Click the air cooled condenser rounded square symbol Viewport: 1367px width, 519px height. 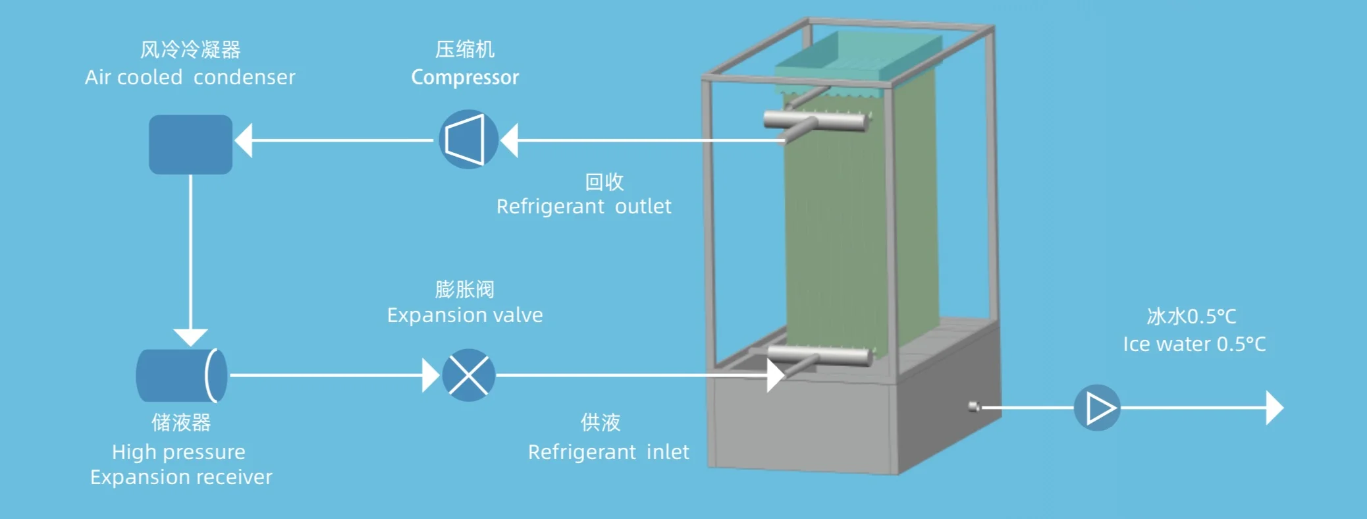pos(190,144)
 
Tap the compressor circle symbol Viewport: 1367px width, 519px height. pos(468,139)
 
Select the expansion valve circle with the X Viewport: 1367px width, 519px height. pos(468,375)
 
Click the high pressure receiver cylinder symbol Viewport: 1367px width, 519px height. pos(181,375)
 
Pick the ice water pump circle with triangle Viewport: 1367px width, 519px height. pos(1097,408)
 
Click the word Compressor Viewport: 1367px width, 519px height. pos(465,78)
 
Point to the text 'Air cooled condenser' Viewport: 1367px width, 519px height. pos(190,78)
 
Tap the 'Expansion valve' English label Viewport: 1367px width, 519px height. pos(465,315)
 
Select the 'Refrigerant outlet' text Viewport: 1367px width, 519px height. pos(583,207)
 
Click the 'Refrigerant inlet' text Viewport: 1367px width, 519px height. pos(608,452)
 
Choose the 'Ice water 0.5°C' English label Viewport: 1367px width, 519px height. pos(1194,344)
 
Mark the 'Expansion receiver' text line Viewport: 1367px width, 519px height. pos(181,478)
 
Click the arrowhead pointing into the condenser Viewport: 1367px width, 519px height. pos(244,140)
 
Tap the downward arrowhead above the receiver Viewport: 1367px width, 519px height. pos(190,337)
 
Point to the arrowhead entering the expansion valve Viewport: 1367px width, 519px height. pos(431,375)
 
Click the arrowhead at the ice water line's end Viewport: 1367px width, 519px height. pos(1275,408)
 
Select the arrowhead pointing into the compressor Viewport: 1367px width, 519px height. pos(509,140)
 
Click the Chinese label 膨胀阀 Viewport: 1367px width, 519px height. pos(465,289)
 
